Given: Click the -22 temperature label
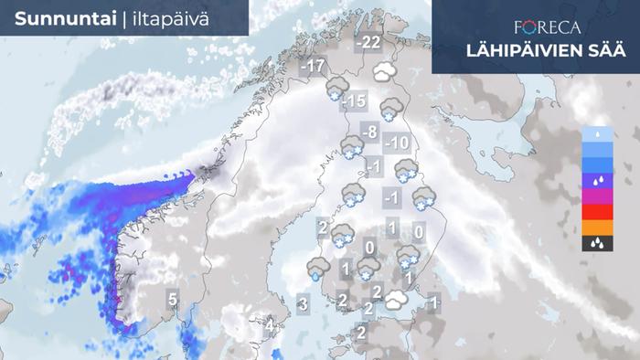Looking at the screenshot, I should tap(369, 43).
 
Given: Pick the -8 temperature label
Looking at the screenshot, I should tap(369, 133).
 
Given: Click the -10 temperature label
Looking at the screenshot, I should tap(396, 143).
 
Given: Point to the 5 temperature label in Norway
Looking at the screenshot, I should tap(172, 299).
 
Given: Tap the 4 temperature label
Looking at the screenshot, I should tap(270, 323).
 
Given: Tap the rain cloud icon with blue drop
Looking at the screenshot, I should tap(317, 267).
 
